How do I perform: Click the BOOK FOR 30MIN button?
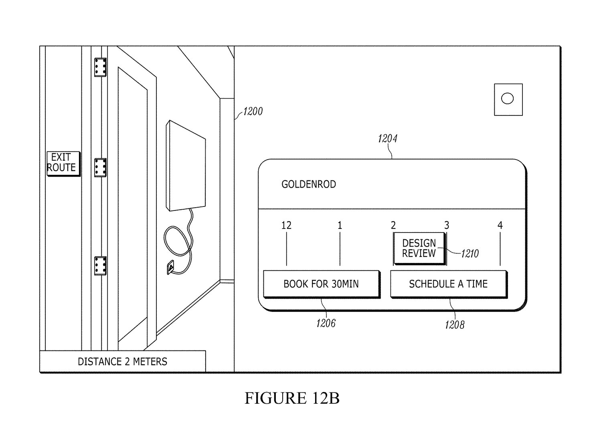coord(322,284)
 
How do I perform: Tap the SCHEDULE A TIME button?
coord(449,284)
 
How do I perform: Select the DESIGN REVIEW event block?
coord(419,248)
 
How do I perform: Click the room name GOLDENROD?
coord(309,184)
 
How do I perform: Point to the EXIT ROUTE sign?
coord(63,163)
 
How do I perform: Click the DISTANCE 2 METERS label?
coord(123,362)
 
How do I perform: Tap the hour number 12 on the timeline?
coord(286,225)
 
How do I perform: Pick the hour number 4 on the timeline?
coord(500,225)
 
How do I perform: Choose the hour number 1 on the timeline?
coord(340,225)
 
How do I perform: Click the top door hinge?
coord(100,67)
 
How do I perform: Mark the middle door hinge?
coord(100,168)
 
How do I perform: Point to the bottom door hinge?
coord(100,266)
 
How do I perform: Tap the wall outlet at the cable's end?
coord(170,267)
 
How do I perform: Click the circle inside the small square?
coord(507,99)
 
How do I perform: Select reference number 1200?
coord(253,111)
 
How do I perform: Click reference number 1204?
coord(388,138)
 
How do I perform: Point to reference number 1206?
coord(326,323)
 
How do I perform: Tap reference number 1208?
coord(455,325)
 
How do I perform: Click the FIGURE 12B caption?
coord(292,398)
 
